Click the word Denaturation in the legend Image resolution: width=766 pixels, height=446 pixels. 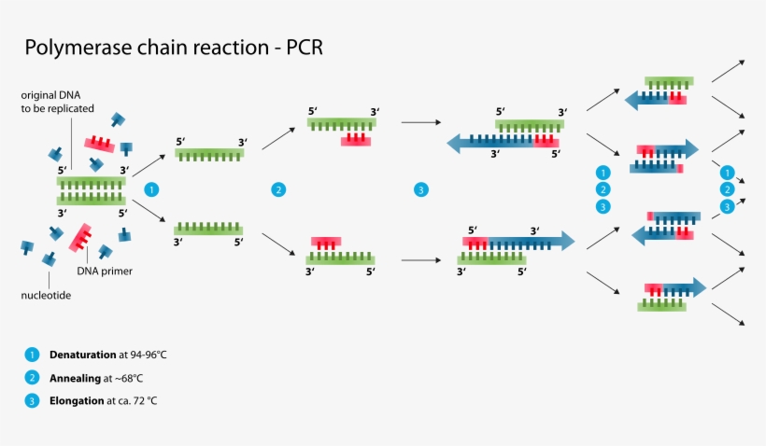[83, 355]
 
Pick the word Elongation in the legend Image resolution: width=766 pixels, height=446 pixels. [78, 400]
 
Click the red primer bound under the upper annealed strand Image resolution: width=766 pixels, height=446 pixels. [355, 140]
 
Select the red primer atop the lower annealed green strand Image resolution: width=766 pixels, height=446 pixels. [326, 243]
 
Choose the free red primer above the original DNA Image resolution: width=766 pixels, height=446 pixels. [99, 143]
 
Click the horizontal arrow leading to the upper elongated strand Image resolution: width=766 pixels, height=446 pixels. [425, 121]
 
